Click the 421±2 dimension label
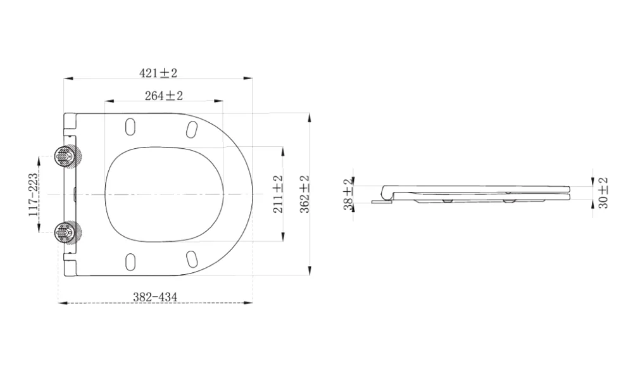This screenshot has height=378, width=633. [158, 73]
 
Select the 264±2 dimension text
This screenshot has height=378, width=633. [164, 96]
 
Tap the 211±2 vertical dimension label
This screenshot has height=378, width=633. [278, 194]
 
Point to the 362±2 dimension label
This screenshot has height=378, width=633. [304, 194]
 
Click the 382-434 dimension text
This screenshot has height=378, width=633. [155, 297]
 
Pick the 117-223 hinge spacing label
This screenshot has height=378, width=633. [34, 194]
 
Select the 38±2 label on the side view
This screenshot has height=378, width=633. [348, 194]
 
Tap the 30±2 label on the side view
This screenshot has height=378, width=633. [603, 193]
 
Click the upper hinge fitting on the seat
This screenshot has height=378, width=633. [68, 156]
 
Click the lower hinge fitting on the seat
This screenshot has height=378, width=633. [68, 233]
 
